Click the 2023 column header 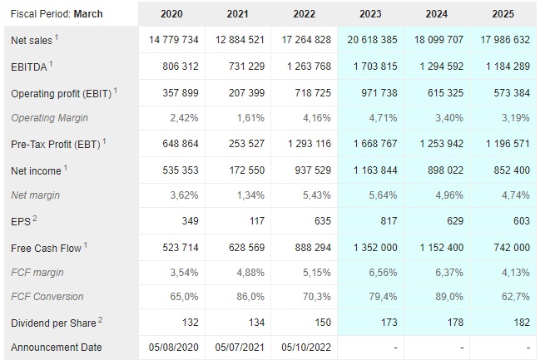pos(370,13)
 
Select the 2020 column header pos(171,13)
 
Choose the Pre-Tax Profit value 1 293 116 pos(303,145)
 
